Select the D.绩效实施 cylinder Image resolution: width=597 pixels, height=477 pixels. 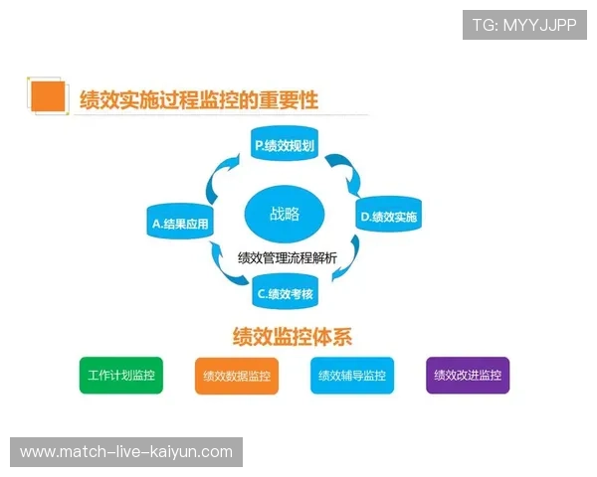click(x=389, y=215)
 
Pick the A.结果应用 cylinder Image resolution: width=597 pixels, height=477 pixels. click(x=181, y=224)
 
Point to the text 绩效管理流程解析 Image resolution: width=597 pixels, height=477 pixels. click(x=287, y=257)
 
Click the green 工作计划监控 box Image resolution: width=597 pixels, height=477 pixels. click(x=120, y=376)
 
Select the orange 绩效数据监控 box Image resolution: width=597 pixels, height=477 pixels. click(x=236, y=376)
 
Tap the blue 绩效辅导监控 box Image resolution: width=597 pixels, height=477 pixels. click(x=351, y=376)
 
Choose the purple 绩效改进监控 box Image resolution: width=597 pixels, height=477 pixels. click(x=467, y=376)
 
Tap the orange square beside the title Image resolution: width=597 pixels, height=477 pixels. click(x=47, y=97)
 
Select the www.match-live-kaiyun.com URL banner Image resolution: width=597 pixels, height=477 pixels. click(x=126, y=452)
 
